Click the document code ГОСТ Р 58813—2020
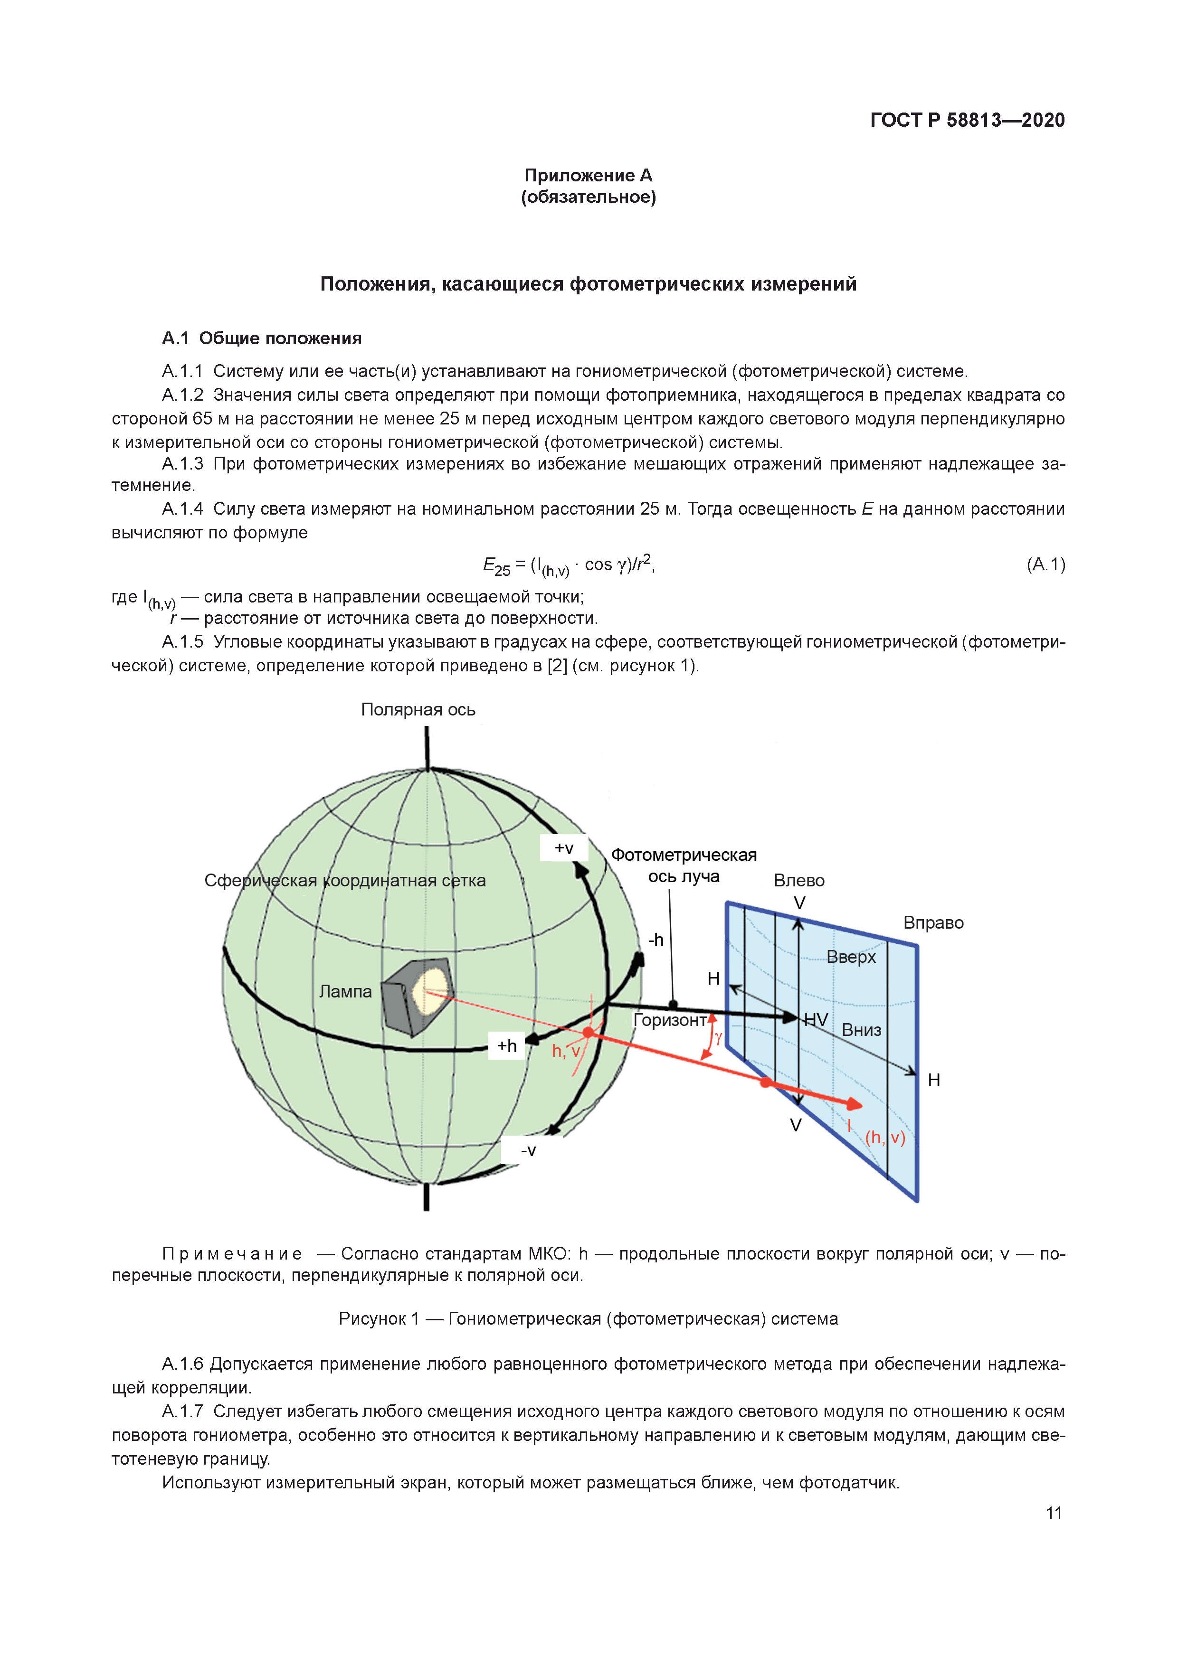pos(967,121)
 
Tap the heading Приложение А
pos(588,176)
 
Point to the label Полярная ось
pos(418,710)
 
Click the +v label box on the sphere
pos(564,848)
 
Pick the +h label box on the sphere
pos(506,1046)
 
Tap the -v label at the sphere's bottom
pos(528,1150)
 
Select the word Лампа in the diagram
pos(345,991)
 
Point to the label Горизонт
pos(670,1020)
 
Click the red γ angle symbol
pos(718,1038)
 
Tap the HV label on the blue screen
pos(815,1020)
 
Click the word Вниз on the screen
pos(861,1030)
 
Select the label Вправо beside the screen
pos(933,923)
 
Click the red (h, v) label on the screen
pos(885,1138)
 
